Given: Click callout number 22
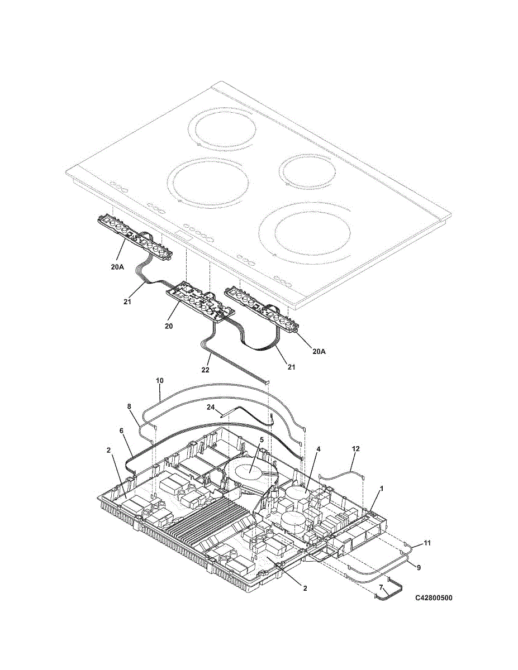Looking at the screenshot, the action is click(x=205, y=370).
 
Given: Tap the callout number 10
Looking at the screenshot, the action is click(x=159, y=380).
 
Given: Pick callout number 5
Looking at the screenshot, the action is click(x=261, y=439).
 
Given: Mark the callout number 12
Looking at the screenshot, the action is click(x=356, y=448).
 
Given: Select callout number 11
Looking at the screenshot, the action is click(x=427, y=543).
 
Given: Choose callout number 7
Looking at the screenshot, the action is click(x=382, y=587).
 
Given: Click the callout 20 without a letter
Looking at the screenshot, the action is click(x=168, y=325).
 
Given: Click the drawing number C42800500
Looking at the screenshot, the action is click(x=434, y=598).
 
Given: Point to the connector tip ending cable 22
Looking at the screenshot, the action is click(x=268, y=382).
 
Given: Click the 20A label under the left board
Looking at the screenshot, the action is click(x=117, y=267).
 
